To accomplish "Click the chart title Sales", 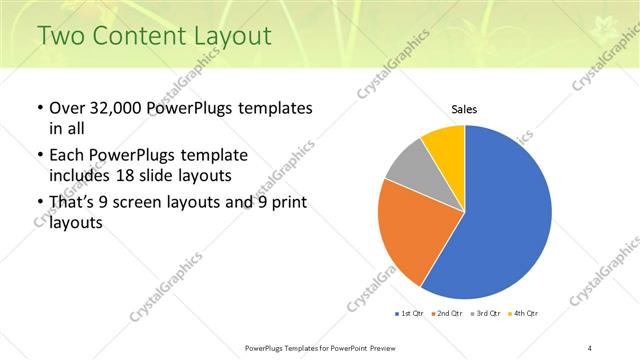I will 464,108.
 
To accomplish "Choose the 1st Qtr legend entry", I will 409,314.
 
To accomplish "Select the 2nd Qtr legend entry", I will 445,314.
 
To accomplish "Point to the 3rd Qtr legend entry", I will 485,314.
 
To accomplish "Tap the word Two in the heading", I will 60,37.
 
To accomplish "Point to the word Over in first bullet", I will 67,108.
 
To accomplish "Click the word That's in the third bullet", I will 75,205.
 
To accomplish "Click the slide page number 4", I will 590,347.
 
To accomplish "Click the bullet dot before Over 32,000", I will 38,108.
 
